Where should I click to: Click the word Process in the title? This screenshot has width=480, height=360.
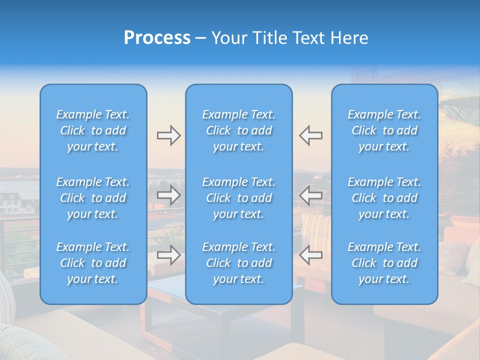click(157, 38)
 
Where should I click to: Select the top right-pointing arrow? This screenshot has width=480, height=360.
click(168, 135)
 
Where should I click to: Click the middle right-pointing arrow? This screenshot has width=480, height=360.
click(168, 195)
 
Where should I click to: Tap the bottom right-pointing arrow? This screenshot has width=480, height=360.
click(168, 255)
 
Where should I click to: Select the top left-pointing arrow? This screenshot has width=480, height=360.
click(311, 135)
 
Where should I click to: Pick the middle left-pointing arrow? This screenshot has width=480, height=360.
click(311, 195)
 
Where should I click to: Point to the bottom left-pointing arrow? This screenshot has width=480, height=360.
click(311, 255)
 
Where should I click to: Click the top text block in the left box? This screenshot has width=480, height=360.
click(93, 130)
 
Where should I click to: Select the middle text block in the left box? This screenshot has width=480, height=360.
click(93, 198)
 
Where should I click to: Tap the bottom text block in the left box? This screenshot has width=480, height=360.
click(93, 263)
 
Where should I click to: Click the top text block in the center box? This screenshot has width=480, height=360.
click(239, 130)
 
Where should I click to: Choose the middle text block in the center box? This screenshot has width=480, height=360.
click(239, 198)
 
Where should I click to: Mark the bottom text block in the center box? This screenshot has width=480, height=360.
click(239, 263)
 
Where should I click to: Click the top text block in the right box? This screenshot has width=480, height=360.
click(384, 130)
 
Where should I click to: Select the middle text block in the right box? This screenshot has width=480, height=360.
click(384, 198)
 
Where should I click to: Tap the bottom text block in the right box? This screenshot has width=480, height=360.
click(384, 263)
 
